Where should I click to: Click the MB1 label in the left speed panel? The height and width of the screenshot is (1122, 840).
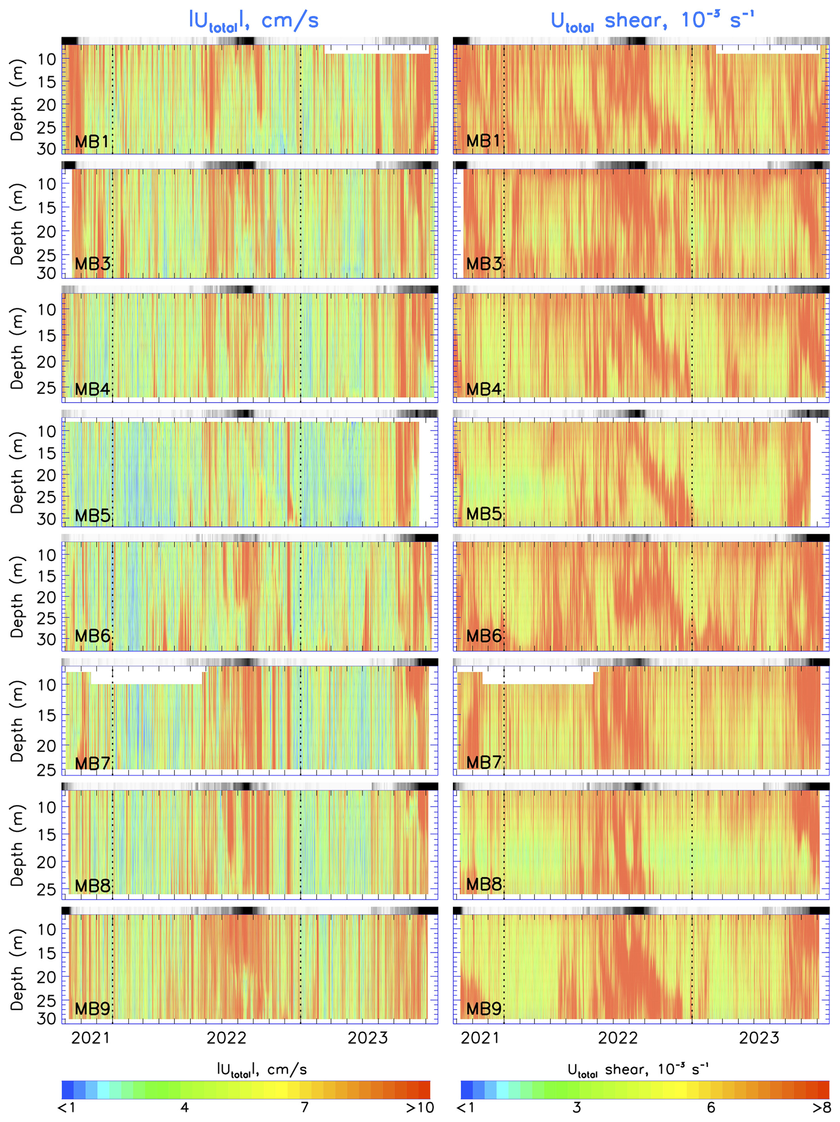point(92,141)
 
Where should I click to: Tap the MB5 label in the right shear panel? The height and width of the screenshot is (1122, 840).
point(483,514)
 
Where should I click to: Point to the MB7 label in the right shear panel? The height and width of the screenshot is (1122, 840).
point(483,762)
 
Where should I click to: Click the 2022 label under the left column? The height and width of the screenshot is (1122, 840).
point(226,1038)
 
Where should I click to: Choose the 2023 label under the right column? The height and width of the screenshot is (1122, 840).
point(758,1038)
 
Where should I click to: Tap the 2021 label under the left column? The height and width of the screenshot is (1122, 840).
point(90,1038)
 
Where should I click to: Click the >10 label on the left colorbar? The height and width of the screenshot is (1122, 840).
point(420,1107)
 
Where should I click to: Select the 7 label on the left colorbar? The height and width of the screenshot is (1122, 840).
point(304,1107)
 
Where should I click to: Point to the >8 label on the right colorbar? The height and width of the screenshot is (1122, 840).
point(822,1107)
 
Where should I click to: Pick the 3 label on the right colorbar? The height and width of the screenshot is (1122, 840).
point(576,1107)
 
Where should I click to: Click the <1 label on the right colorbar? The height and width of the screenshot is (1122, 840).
point(465,1107)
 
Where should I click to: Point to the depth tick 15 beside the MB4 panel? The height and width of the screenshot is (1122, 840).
point(47,335)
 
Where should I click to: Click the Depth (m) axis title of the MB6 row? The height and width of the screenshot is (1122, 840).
point(17,596)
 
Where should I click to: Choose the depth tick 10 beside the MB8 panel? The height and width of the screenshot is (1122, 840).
point(47,807)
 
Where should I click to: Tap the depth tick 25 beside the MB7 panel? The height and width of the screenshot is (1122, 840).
point(47,770)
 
